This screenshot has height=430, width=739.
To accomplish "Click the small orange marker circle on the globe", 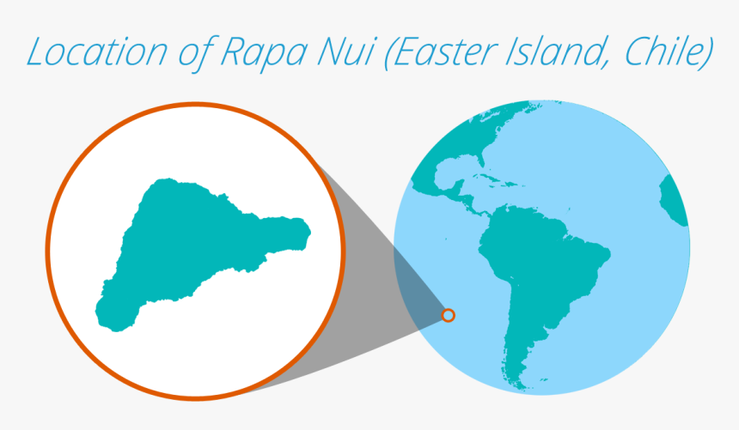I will [x=448, y=315].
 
